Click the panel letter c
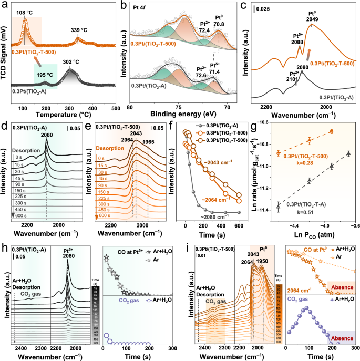244,5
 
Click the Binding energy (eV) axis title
181,112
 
